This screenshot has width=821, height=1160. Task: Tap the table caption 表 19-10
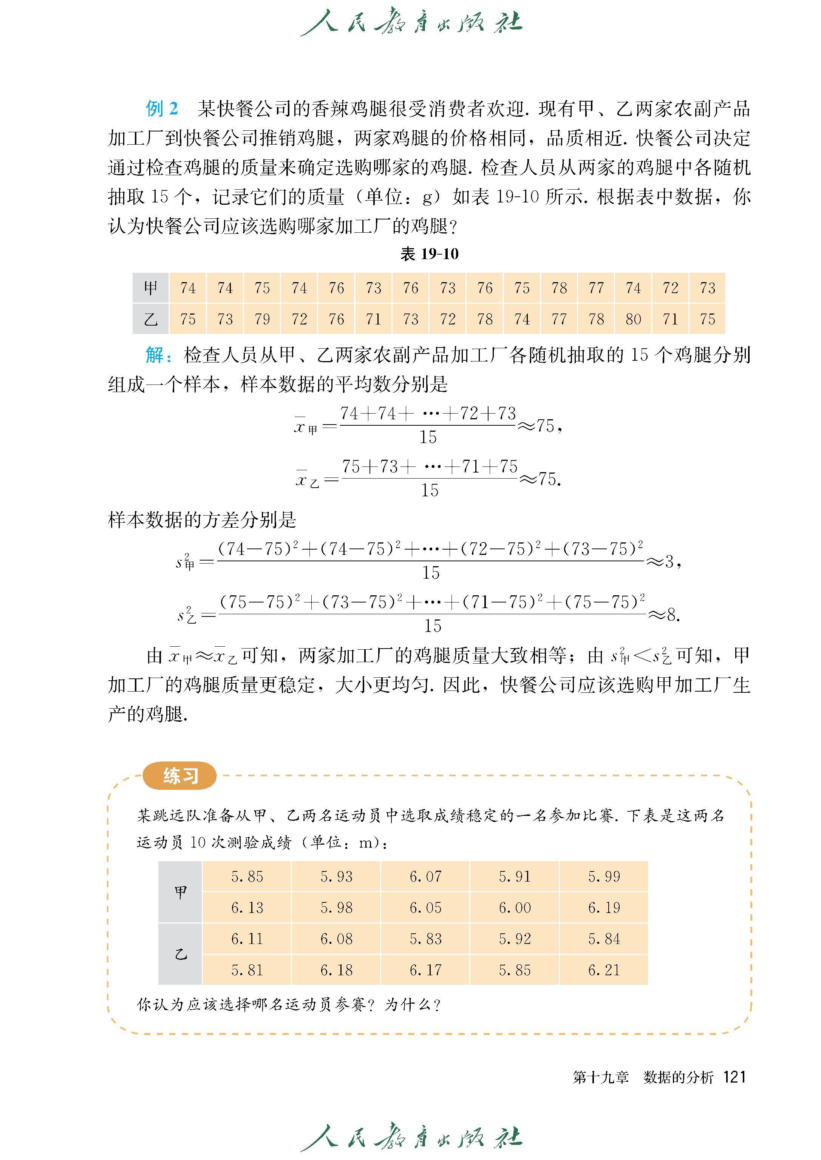[x=429, y=254]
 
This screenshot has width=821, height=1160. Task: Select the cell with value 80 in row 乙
[x=633, y=319]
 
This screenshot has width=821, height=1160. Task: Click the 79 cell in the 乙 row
[x=262, y=319]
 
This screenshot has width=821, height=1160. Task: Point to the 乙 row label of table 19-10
[x=151, y=319]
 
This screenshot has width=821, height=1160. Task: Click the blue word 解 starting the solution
[x=155, y=355]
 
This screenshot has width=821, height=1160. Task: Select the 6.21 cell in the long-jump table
[x=604, y=970]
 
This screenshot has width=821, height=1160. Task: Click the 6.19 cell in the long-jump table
[x=604, y=908]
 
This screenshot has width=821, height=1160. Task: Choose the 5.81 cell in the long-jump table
[x=247, y=970]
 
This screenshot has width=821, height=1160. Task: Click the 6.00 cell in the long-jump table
[x=515, y=908]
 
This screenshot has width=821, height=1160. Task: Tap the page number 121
[x=734, y=1077]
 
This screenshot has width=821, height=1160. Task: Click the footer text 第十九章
[x=601, y=1078]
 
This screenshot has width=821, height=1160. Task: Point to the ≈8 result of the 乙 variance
[x=664, y=615]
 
